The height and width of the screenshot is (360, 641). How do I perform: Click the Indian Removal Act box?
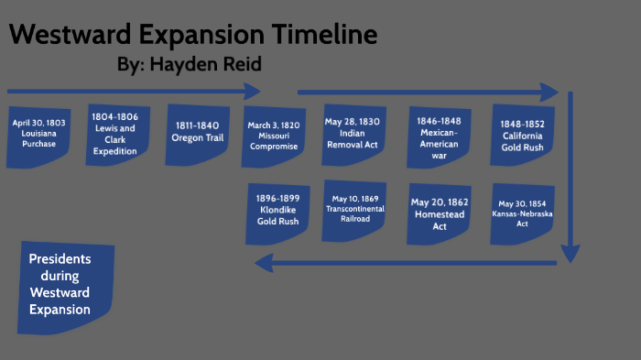tap(353, 134)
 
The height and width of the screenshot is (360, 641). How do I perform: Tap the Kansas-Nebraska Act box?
tap(522, 213)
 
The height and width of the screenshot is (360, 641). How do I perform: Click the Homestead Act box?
tap(440, 214)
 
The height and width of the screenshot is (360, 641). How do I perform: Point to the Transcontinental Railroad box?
tap(354, 211)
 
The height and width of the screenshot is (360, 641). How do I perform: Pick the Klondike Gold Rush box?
tap(276, 214)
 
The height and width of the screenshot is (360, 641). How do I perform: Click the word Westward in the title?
tap(70, 36)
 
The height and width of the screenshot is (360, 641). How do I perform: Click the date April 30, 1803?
tap(38, 122)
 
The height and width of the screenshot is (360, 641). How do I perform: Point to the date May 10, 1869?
tap(354, 197)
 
